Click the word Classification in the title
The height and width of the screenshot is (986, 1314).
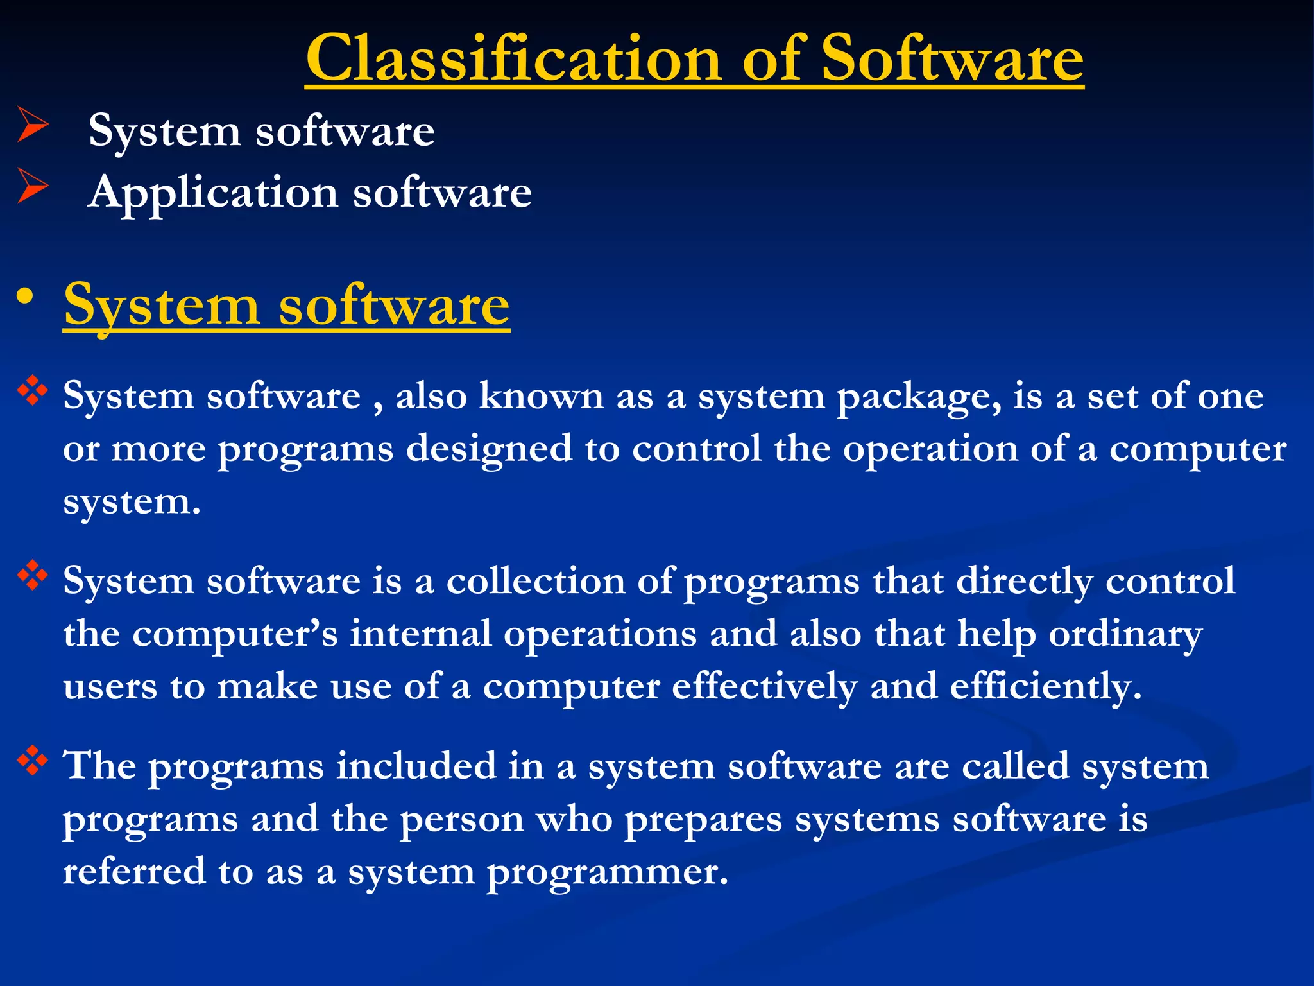coord(513,59)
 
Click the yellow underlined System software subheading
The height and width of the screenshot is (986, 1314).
coord(286,306)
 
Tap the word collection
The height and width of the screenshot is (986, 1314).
coord(535,582)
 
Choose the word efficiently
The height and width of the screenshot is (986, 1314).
coord(1046,688)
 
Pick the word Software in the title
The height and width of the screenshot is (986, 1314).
coord(952,59)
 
